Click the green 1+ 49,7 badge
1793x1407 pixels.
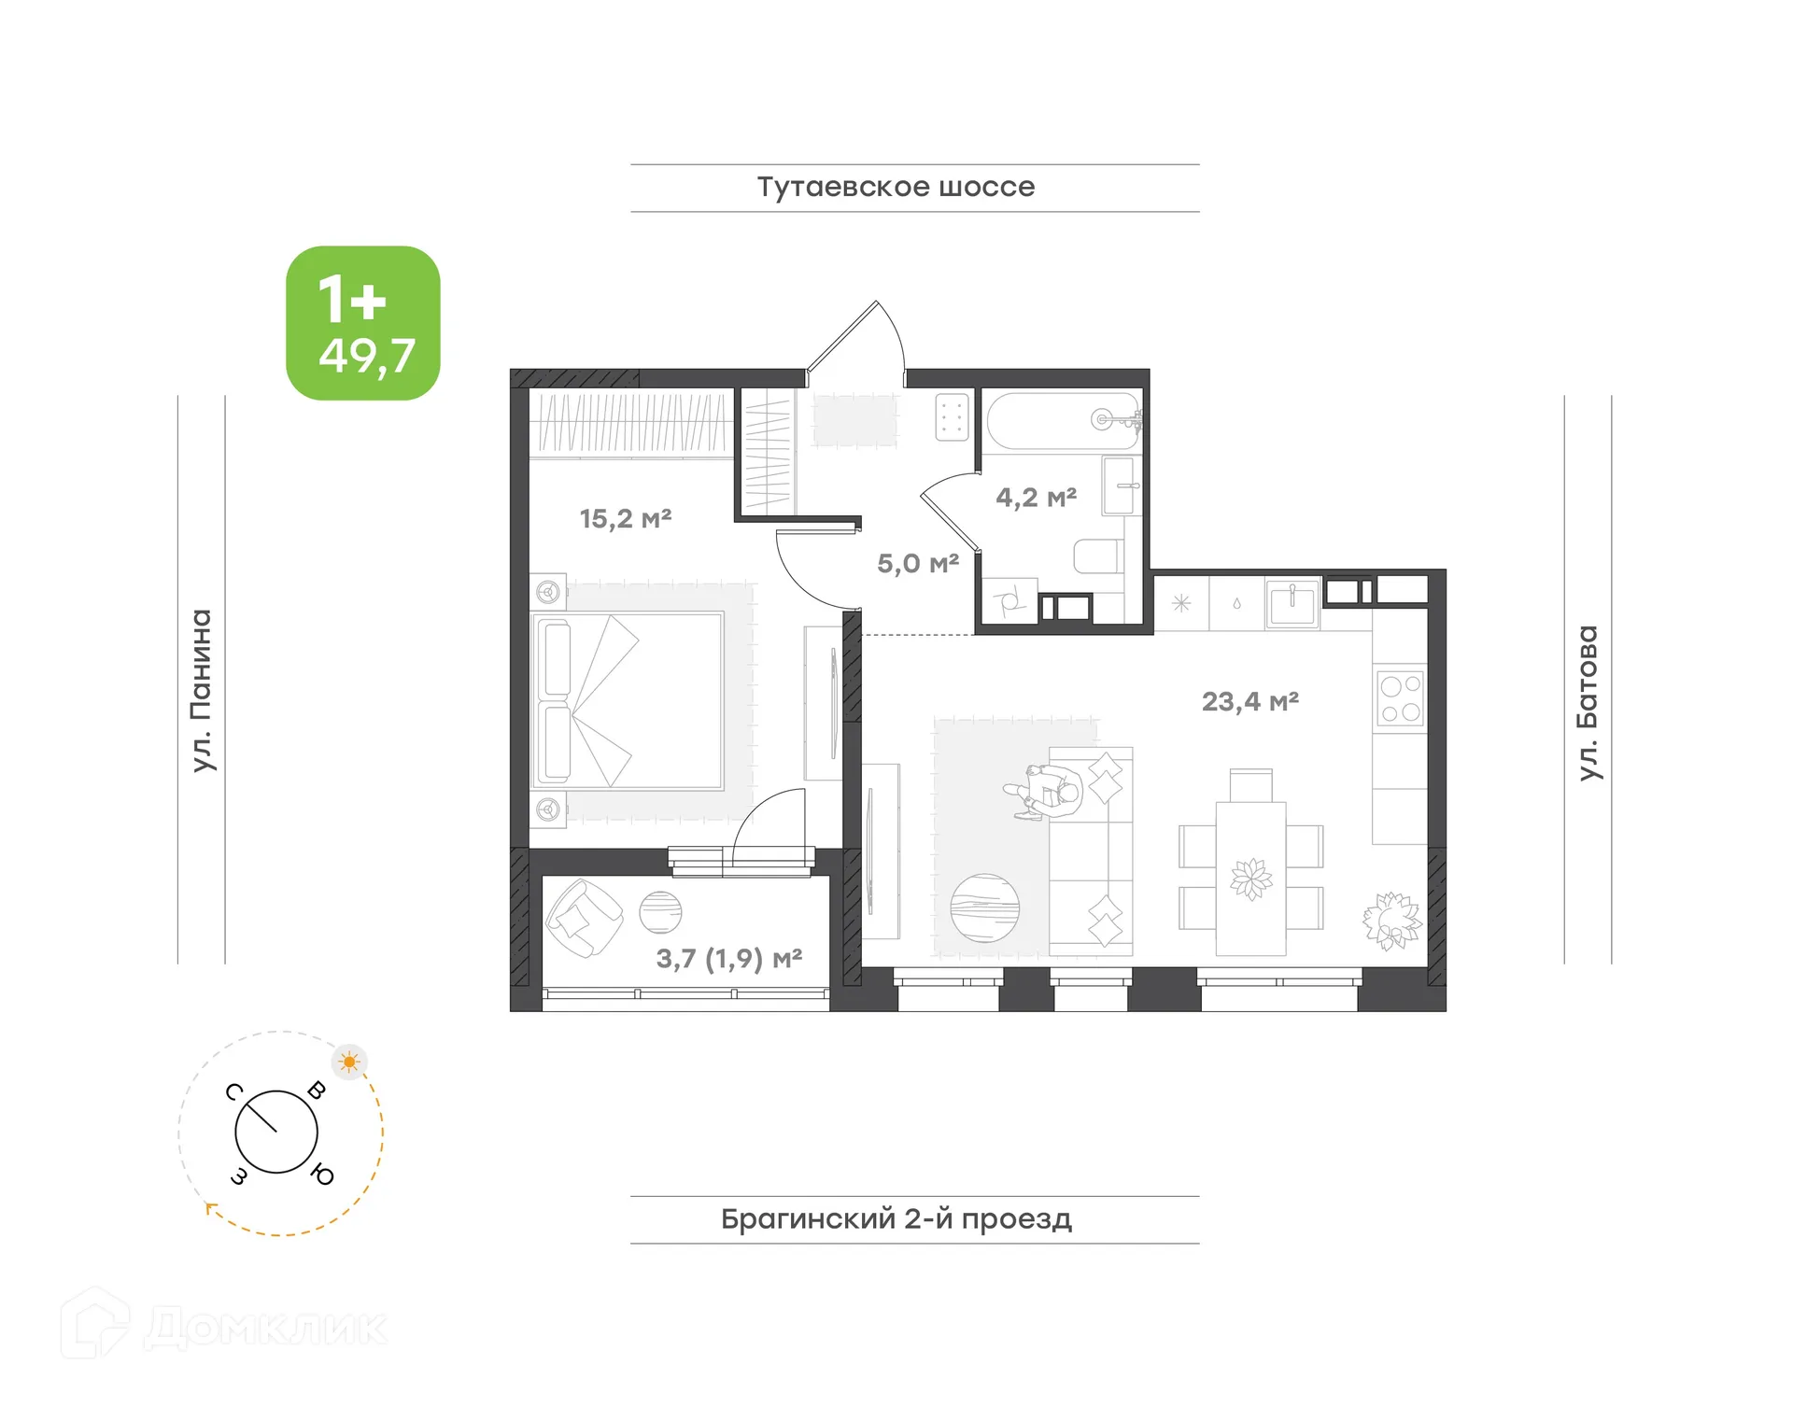362,323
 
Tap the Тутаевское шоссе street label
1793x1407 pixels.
895,187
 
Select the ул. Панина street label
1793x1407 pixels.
202,690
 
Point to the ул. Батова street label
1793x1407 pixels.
1588,702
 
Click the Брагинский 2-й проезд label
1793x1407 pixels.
896,1218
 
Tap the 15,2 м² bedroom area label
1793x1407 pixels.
625,518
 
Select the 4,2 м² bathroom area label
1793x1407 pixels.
1036,498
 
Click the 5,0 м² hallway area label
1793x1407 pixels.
917,563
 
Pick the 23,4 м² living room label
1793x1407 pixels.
1249,701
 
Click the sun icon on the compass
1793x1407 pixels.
349,1062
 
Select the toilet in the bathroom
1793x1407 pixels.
1098,556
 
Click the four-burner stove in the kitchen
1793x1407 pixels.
1399,698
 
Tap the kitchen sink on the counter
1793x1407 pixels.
1292,603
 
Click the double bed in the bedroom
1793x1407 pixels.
628,701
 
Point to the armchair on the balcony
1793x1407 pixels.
584,919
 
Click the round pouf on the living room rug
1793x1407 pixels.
984,908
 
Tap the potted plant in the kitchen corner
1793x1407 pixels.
1391,921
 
